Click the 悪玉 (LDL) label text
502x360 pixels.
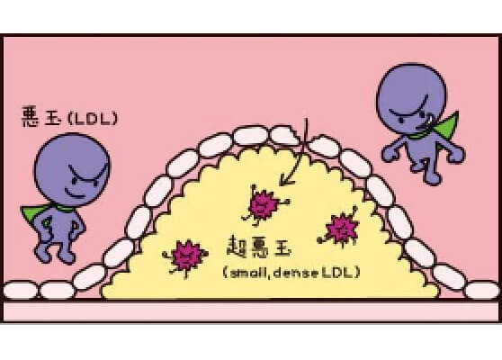pyautogui.click(x=70, y=117)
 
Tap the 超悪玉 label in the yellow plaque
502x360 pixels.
pyautogui.click(x=259, y=247)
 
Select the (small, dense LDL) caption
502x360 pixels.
pyautogui.click(x=291, y=273)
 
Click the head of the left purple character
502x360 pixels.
pyautogui.click(x=72, y=170)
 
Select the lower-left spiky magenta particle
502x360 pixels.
pyautogui.click(x=186, y=256)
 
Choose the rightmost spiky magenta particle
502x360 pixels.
pyautogui.click(x=341, y=228)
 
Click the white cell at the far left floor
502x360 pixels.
pyautogui.click(x=20, y=290)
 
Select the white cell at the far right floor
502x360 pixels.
pyautogui.click(x=481, y=290)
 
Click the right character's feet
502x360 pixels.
pyautogui.click(x=426, y=172)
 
